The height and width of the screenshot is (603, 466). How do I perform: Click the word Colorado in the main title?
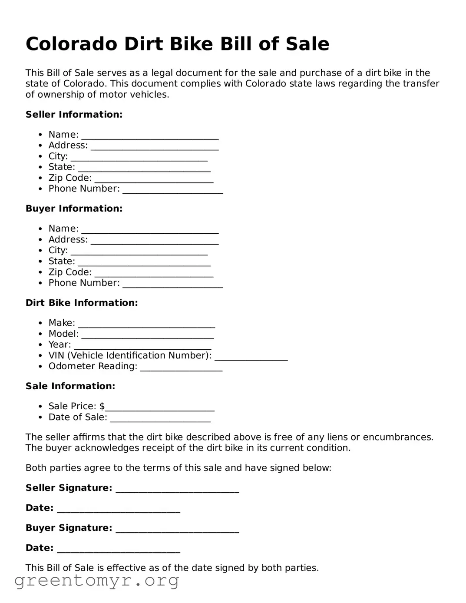click(x=71, y=44)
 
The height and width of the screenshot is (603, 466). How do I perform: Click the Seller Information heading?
click(x=74, y=114)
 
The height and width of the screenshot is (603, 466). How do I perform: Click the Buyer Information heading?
click(x=74, y=209)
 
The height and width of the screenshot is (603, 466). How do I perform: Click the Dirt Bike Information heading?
click(x=82, y=303)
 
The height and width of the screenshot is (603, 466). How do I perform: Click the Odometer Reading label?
click(x=93, y=366)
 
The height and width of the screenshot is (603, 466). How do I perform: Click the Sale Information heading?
click(x=70, y=386)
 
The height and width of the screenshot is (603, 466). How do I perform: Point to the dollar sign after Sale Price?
click(x=102, y=406)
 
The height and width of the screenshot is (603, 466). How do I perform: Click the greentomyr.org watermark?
click(x=96, y=580)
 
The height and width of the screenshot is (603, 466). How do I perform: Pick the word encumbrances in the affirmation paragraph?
click(x=398, y=437)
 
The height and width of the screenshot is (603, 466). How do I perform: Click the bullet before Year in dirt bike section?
click(x=40, y=345)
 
